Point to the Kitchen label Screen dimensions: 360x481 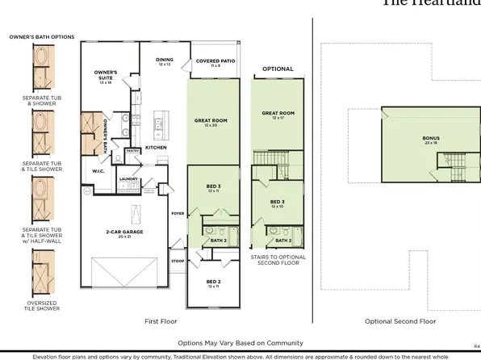coord(156,148)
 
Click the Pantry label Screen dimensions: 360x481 coord(133,150)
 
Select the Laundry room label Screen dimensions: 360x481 coord(126,179)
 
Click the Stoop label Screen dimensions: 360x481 coord(178,262)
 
